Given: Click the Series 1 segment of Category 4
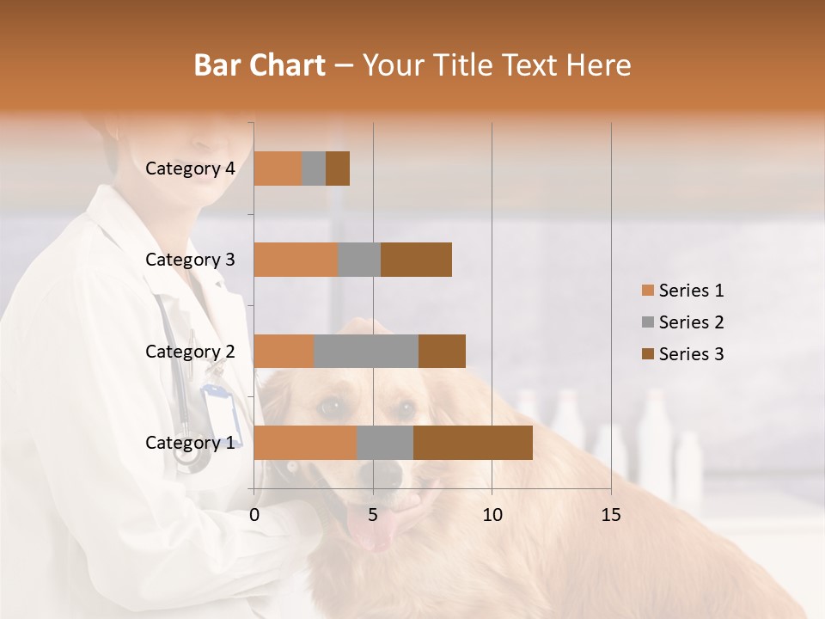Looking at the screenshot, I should coord(278,169).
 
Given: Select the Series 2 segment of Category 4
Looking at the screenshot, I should coord(314,169).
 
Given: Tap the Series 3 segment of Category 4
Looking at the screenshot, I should coord(338,169).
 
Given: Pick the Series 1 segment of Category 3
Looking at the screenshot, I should coord(296,260).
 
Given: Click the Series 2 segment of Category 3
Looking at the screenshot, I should coord(359,260).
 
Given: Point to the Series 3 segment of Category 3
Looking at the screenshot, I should coord(416,260).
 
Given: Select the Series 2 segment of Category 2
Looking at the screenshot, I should coord(366,351).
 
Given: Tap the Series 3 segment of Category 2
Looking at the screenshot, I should coord(442,351).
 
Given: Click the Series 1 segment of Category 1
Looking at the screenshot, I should coord(305,442).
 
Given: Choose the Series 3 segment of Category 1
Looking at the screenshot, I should coord(473,442).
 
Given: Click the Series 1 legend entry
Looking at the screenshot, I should coord(683,291).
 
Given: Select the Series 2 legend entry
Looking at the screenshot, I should coord(683,322).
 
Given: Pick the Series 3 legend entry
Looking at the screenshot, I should coord(683,354).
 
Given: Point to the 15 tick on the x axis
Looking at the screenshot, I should coord(610,515).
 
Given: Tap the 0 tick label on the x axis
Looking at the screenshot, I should coord(254,515).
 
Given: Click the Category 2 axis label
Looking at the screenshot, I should coord(190,351).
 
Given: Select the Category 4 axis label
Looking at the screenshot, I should coord(190,169).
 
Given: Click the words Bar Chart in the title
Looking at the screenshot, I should coord(260,64).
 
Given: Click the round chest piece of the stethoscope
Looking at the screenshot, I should coord(192,455).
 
